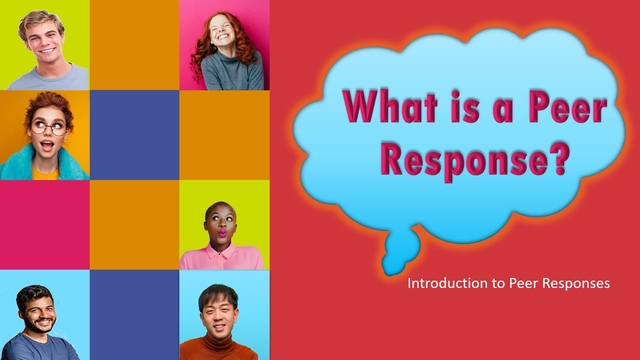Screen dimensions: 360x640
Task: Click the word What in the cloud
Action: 391,106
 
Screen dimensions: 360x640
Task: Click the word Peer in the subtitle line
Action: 525,284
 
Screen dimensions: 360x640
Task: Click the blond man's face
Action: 46,39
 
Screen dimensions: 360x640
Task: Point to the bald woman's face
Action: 219,222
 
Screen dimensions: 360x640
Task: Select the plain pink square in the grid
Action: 45,225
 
